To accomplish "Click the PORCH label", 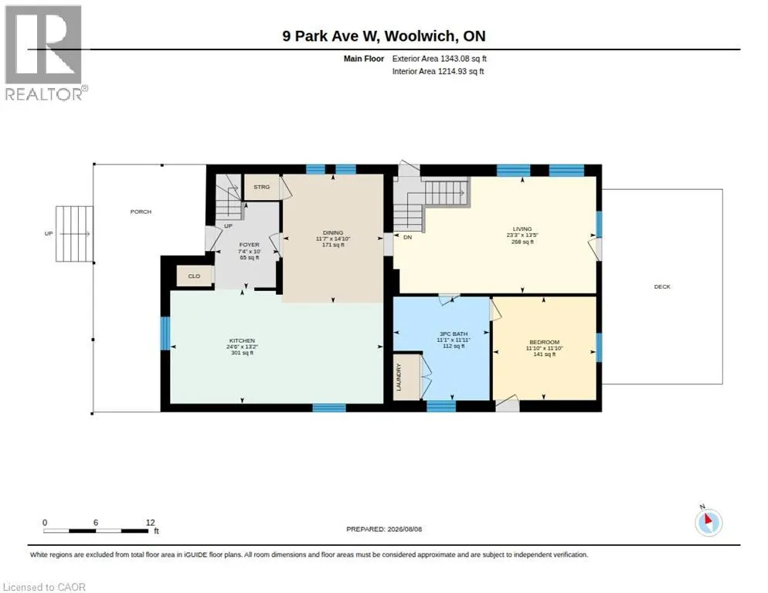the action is point(141,212).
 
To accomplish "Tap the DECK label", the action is point(662,286).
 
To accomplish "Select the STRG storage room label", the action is point(262,187).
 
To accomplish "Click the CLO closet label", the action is point(194,276).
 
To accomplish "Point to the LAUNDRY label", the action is point(398,377).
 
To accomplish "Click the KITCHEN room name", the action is point(242,341).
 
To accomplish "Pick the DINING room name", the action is point(333,232).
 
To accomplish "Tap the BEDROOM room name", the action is point(544,342).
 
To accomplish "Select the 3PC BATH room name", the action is point(454,334).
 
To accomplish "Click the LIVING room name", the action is point(522,229).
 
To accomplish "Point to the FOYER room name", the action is point(249,245).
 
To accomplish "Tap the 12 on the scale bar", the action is point(151,523).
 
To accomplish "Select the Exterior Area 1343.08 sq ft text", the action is point(440,59).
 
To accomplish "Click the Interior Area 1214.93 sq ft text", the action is point(438,72).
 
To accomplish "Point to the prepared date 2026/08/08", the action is point(405,530).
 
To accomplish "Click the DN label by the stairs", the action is point(407,238).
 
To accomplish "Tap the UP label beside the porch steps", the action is point(49,234).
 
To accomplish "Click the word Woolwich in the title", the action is point(421,36).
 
